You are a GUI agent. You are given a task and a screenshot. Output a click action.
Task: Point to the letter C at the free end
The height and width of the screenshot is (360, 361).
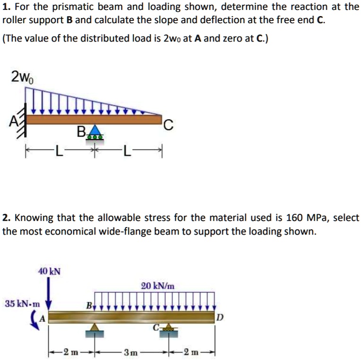[x=170, y=125]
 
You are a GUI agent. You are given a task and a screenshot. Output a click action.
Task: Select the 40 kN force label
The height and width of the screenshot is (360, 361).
[x=49, y=271]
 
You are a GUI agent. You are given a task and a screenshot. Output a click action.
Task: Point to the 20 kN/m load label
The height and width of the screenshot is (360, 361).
[x=158, y=286]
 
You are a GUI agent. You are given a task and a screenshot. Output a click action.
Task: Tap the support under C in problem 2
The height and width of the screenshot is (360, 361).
[x=166, y=328]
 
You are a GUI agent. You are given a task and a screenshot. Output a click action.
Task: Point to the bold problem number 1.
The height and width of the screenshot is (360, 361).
[x=5, y=7]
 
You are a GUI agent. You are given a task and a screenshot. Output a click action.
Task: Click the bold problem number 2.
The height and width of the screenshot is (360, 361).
[x=5, y=219]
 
